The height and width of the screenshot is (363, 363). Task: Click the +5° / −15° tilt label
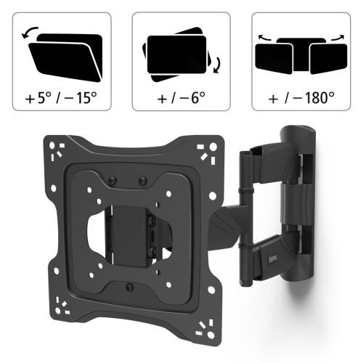pos(61,98)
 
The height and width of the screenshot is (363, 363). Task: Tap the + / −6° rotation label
pos(181,98)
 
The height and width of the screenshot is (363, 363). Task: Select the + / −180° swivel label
pos(301,98)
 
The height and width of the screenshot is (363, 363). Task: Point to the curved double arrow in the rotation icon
pos(218,65)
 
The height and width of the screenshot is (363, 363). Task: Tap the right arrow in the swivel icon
pos(338,38)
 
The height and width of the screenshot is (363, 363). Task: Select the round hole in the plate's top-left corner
pos(52,145)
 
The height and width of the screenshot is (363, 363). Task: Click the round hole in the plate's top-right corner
pos(213,147)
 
